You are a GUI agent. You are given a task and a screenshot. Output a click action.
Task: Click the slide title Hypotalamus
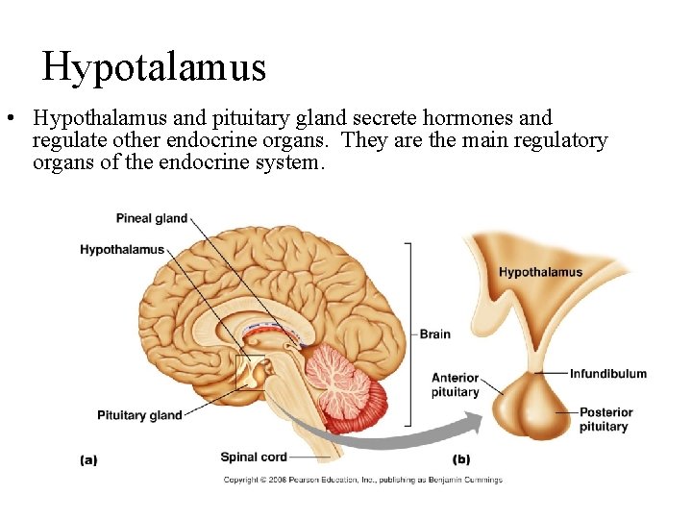[154, 66]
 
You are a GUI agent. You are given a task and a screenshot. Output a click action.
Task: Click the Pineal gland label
[151, 218]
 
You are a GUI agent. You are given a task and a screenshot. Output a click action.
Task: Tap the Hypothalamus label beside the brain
[122, 250]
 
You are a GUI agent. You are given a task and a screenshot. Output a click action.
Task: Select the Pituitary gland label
[139, 415]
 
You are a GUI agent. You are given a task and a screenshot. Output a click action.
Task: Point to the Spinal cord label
[254, 457]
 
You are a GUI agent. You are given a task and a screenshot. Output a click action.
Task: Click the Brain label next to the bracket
[434, 334]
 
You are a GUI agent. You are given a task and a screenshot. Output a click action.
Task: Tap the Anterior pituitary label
[455, 384]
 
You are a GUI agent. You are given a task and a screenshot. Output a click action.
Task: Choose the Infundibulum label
[607, 373]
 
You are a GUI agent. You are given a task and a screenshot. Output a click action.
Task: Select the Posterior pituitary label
[604, 419]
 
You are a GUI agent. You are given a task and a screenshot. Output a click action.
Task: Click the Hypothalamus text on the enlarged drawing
[540, 272]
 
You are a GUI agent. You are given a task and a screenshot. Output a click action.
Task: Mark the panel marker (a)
[88, 460]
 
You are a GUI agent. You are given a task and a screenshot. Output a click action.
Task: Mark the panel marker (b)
[461, 460]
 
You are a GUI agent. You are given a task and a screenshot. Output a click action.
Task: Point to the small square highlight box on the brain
[251, 371]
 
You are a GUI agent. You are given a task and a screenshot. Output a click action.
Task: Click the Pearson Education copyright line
[362, 480]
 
